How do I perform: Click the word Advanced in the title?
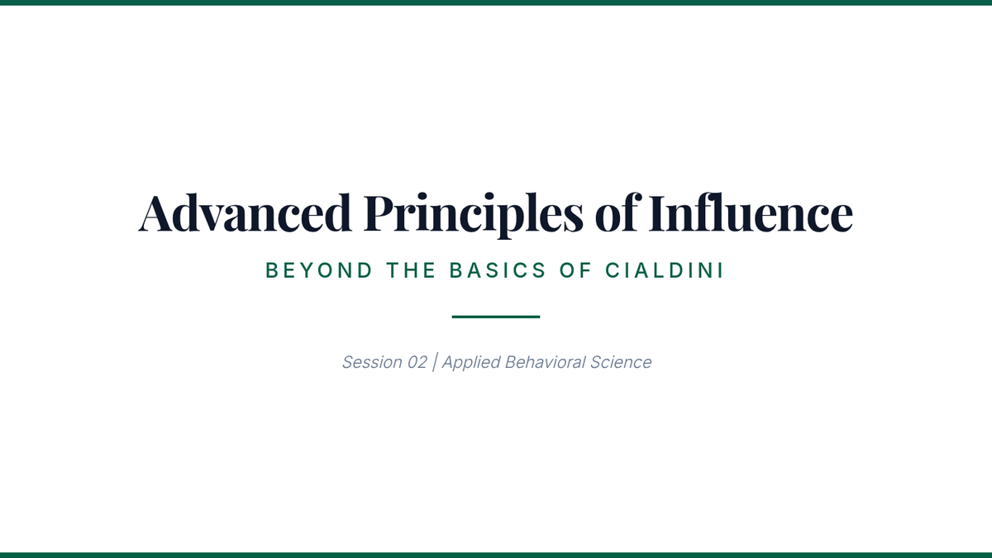245,212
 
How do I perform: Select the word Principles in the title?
474,215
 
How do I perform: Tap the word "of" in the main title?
618,212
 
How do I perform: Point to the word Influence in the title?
751,212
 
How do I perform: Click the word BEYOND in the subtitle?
319,270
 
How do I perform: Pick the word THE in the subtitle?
412,270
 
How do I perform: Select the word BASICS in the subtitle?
498,270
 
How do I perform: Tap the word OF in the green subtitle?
575,270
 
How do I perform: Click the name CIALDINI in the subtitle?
665,270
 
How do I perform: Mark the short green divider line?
496,317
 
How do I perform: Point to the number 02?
417,362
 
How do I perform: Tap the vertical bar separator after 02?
435,362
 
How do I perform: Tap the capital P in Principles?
380,213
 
